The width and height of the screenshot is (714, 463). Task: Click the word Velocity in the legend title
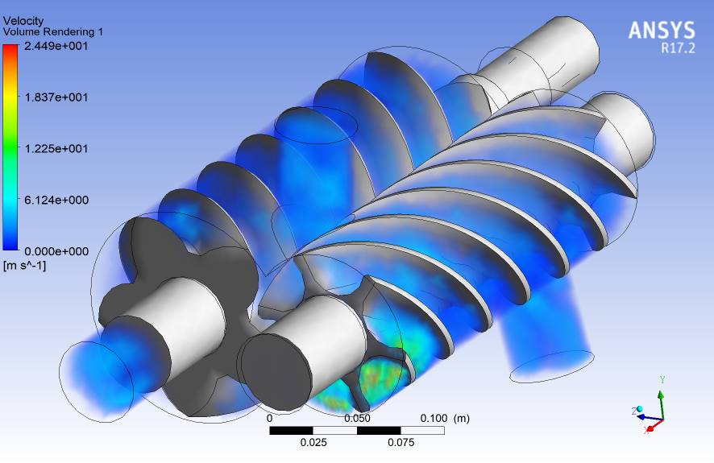[23, 20]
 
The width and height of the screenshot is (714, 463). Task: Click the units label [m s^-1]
[25, 265]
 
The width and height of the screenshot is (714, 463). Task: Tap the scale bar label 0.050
[357, 419]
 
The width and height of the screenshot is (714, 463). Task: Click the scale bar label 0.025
[313, 442]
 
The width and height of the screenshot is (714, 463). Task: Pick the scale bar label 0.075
[401, 442]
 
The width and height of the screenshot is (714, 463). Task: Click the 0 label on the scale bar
[270, 419]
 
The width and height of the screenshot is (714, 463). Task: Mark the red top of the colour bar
[10, 50]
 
